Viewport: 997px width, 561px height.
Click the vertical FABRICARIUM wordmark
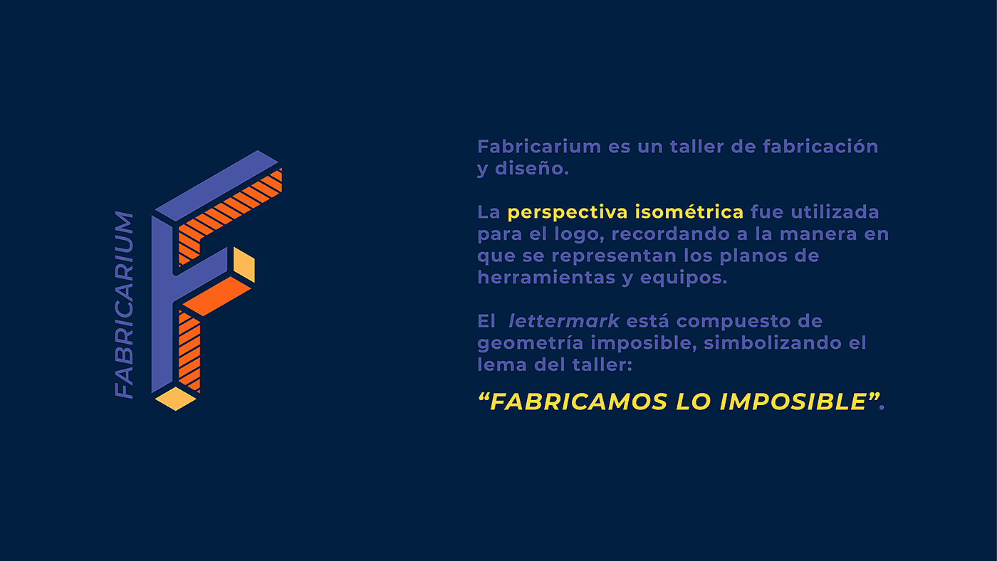click(124, 305)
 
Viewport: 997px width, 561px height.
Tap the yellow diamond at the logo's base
click(176, 399)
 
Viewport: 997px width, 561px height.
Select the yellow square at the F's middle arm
click(244, 265)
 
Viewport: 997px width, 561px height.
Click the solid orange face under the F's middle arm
click(216, 296)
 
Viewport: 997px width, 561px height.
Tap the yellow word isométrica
click(689, 211)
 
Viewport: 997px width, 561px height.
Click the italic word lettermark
click(564, 321)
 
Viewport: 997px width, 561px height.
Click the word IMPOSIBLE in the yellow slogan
click(793, 402)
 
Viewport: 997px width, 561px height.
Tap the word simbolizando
click(772, 343)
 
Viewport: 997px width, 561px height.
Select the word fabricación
click(820, 147)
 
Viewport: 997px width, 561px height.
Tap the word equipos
click(683, 278)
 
